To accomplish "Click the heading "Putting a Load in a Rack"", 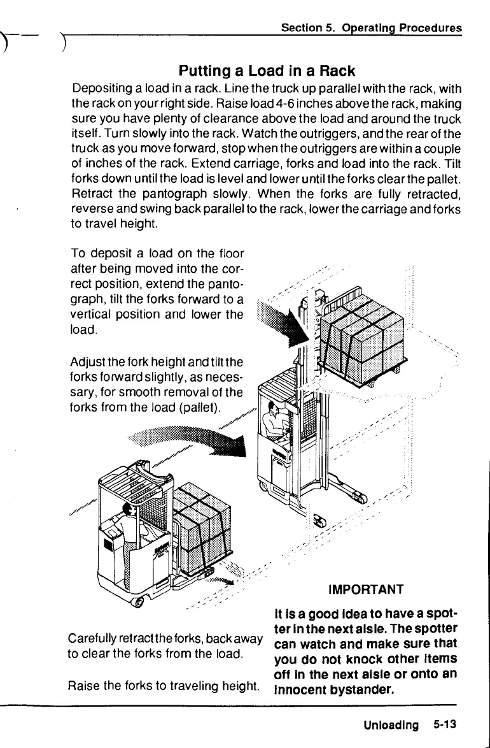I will pos(267,70).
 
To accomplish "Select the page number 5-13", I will pos(445,724).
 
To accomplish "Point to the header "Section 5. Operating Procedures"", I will pos(372,28).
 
